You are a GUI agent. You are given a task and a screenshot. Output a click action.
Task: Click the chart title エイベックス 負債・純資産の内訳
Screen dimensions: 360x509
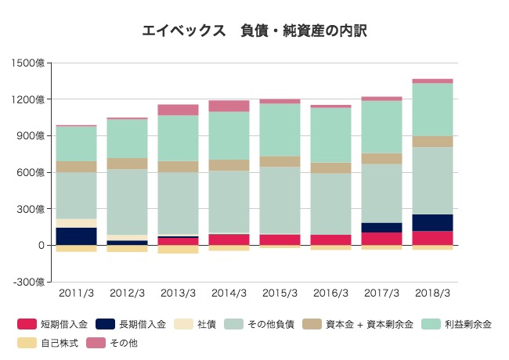pyautogui.click(x=254, y=31)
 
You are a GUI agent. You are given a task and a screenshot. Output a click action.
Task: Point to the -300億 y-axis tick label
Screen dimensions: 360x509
pyautogui.click(x=31, y=282)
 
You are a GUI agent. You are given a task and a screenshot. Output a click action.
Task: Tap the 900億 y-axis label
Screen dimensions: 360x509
pyautogui.click(x=31, y=135)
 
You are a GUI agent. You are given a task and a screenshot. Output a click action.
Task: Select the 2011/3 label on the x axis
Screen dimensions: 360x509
pyautogui.click(x=76, y=293)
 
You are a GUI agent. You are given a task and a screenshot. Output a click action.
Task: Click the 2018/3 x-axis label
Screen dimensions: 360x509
pyautogui.click(x=432, y=293)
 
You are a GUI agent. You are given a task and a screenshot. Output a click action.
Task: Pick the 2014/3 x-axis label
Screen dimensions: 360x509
pyautogui.click(x=229, y=293)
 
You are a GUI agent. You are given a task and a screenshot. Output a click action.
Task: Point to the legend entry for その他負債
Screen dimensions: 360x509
pyautogui.click(x=262, y=324)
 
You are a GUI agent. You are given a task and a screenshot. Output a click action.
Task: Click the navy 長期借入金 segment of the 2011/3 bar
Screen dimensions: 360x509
pyautogui.click(x=76, y=236)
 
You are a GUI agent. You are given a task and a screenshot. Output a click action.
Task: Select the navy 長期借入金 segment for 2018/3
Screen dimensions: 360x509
pyautogui.click(x=432, y=222)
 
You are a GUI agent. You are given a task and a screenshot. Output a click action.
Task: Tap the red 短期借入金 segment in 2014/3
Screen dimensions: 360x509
pyautogui.click(x=229, y=239)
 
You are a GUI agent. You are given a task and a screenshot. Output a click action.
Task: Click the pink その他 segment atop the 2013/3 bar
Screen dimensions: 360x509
pyautogui.click(x=178, y=110)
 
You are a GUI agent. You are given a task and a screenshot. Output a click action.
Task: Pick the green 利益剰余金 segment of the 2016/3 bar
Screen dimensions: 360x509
pyautogui.click(x=330, y=135)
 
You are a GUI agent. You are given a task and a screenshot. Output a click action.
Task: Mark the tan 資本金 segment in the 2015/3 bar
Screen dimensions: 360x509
pyautogui.click(x=280, y=161)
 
